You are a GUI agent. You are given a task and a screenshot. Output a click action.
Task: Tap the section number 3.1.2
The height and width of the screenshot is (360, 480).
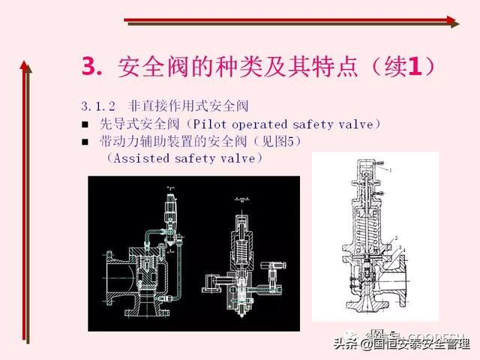tap(97, 106)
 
